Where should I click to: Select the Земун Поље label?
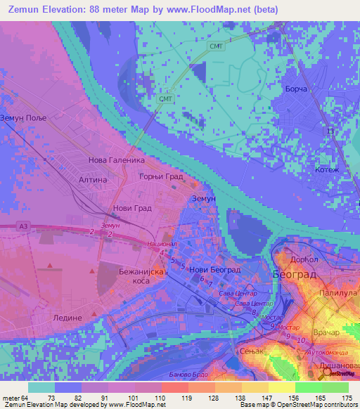coord(23,118)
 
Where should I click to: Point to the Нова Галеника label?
coord(111,160)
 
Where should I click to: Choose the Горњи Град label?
coord(160,177)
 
